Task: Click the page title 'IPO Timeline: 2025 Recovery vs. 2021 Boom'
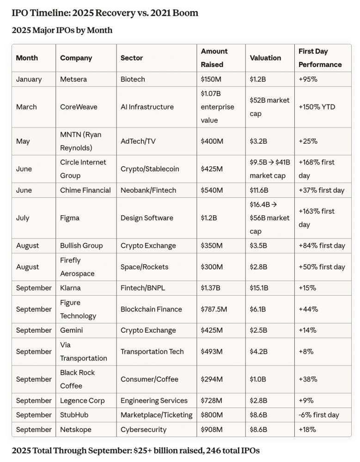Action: (x=105, y=13)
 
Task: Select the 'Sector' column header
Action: (x=132, y=58)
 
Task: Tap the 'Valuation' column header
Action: (x=265, y=58)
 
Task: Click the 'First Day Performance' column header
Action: (x=320, y=58)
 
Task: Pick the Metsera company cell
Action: (x=73, y=79)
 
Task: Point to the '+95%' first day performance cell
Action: (x=308, y=79)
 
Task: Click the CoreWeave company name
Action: (x=79, y=107)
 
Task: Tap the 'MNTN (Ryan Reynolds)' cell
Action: (x=80, y=141)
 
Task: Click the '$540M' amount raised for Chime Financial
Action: (x=212, y=190)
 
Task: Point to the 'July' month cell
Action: (x=23, y=218)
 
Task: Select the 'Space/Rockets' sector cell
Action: (x=145, y=267)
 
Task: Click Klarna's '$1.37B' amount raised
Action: (x=210, y=288)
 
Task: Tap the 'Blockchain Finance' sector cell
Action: (x=151, y=309)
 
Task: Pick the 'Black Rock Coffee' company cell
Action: (x=77, y=379)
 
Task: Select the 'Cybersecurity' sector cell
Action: (x=143, y=429)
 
